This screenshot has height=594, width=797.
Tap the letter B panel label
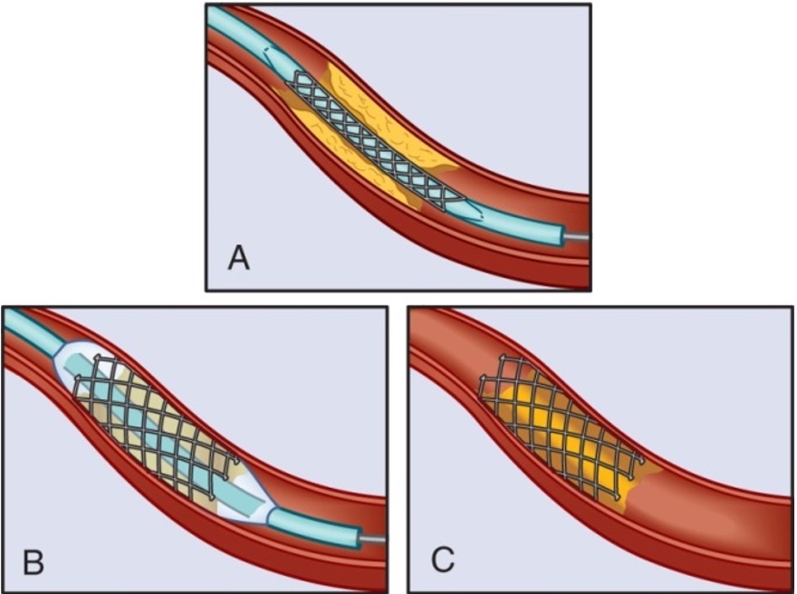34,563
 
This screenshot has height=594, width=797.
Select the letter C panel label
442,561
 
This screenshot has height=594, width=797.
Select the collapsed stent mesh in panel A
371,145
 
